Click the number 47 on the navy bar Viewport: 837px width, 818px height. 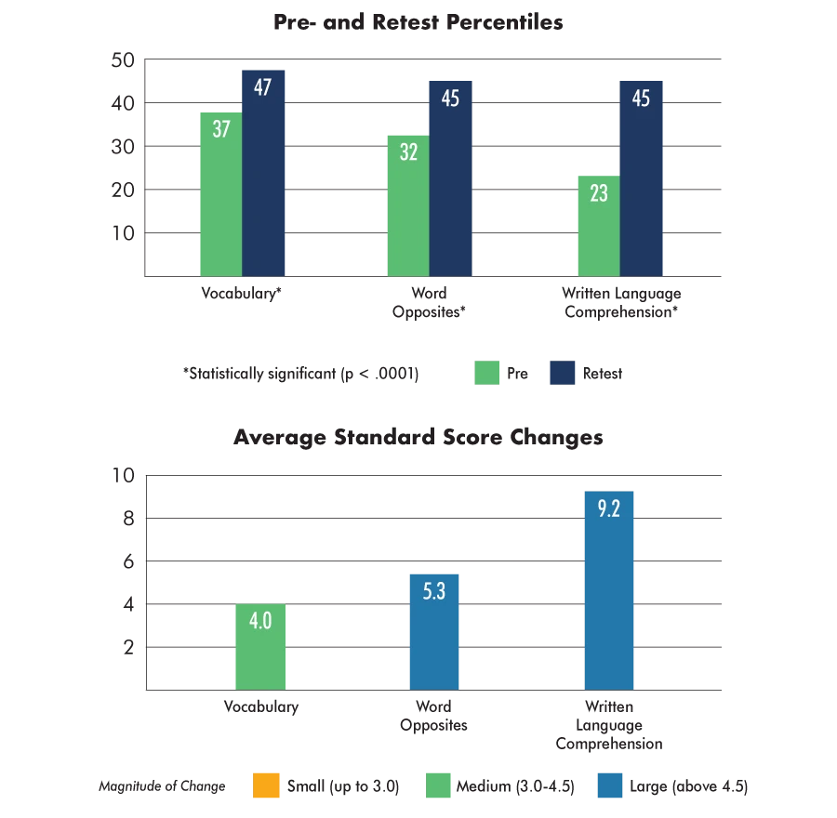click(262, 87)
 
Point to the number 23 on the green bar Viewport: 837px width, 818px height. click(598, 194)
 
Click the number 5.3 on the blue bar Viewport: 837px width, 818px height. click(434, 591)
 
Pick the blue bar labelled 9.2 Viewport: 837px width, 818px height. click(608, 590)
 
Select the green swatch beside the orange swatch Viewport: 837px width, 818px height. click(439, 785)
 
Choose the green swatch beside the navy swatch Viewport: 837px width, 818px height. click(486, 373)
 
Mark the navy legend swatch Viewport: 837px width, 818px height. click(563, 373)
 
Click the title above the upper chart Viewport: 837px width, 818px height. click(416, 20)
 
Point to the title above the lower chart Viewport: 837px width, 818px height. click(416, 436)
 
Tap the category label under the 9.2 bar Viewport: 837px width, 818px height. click(605, 725)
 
